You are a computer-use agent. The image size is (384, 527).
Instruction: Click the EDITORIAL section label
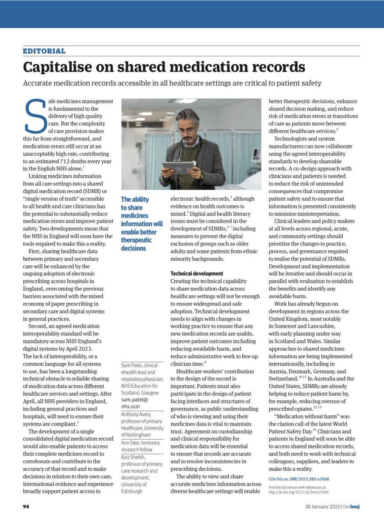click(x=44, y=51)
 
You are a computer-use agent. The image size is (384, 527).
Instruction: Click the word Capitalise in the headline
click(x=56, y=67)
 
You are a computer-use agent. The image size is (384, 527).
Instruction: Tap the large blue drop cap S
click(x=35, y=116)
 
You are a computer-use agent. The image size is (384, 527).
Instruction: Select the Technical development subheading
click(x=197, y=273)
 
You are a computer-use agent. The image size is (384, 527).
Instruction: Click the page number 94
click(x=26, y=506)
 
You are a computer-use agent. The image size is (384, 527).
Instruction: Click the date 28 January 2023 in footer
click(x=323, y=506)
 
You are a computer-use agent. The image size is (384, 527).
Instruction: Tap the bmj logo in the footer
click(x=352, y=506)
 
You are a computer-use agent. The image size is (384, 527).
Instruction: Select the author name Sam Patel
click(x=132, y=365)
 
